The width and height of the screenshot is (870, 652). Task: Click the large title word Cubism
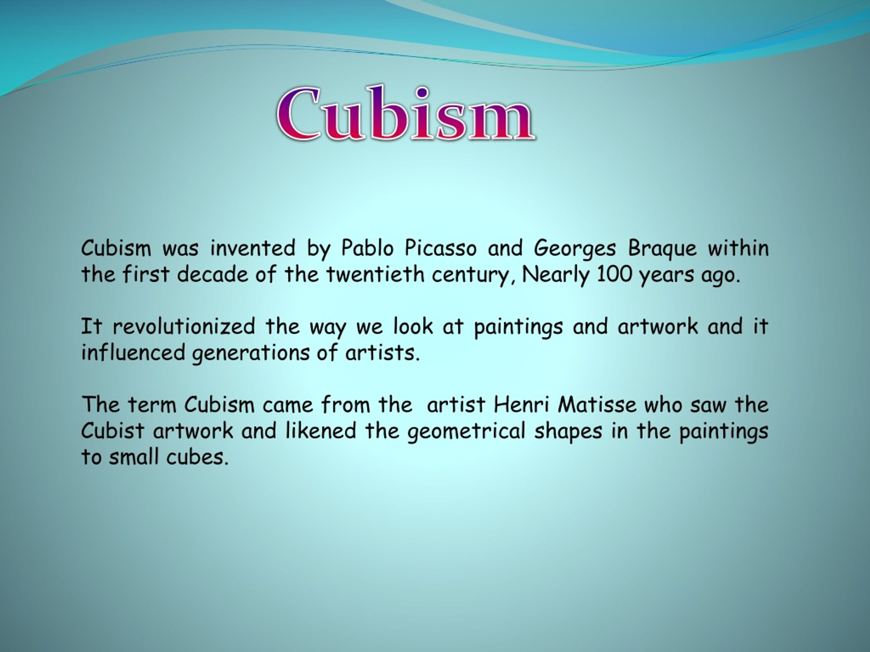point(405,114)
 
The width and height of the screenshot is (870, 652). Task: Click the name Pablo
point(367,248)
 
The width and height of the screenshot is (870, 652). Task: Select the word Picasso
point(440,248)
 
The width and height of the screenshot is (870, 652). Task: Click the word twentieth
point(375,274)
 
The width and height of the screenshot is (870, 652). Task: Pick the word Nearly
point(555,275)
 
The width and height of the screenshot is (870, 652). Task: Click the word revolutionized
point(184,327)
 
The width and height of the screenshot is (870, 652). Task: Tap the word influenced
point(133,352)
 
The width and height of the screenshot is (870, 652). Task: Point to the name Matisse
point(597,404)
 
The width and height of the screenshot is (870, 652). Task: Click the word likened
point(320,430)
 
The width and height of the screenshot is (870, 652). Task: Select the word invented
point(253,248)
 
